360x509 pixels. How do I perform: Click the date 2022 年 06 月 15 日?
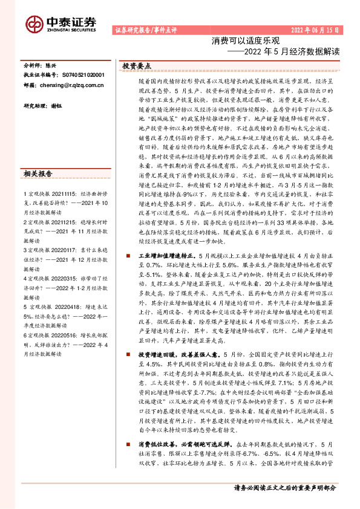click(x=315, y=30)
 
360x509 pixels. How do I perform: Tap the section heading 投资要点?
click(x=137, y=65)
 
